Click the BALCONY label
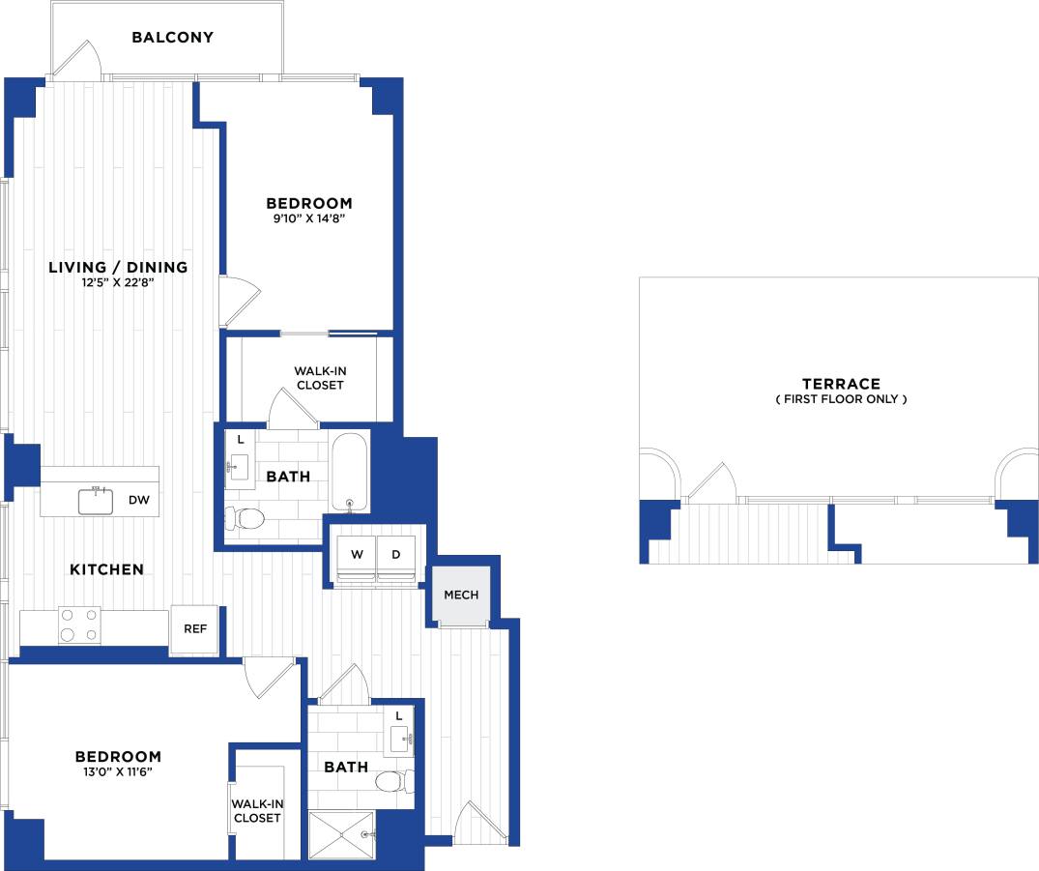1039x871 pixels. pyautogui.click(x=172, y=38)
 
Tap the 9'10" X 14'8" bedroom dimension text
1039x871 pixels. pyautogui.click(x=308, y=219)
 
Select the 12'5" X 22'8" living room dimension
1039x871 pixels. pyautogui.click(x=117, y=283)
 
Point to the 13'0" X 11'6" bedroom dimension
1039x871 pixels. pyautogui.click(x=117, y=772)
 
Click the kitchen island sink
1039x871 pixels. pyautogui.click(x=96, y=500)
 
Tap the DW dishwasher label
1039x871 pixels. pyautogui.click(x=136, y=500)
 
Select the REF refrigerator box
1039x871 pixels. pyautogui.click(x=194, y=629)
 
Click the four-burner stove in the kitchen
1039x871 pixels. pyautogui.click(x=79, y=624)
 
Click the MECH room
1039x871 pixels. pyautogui.click(x=460, y=595)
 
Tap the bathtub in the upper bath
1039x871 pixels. pyautogui.click(x=348, y=472)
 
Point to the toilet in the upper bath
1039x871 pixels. pyautogui.click(x=245, y=519)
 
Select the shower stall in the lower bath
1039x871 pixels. pyautogui.click(x=341, y=834)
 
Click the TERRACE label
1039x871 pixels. pyautogui.click(x=840, y=384)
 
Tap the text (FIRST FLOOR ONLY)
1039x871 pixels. pyautogui.click(x=840, y=399)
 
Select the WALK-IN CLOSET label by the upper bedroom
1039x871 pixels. pyautogui.click(x=318, y=378)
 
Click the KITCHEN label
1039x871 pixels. pyautogui.click(x=106, y=569)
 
